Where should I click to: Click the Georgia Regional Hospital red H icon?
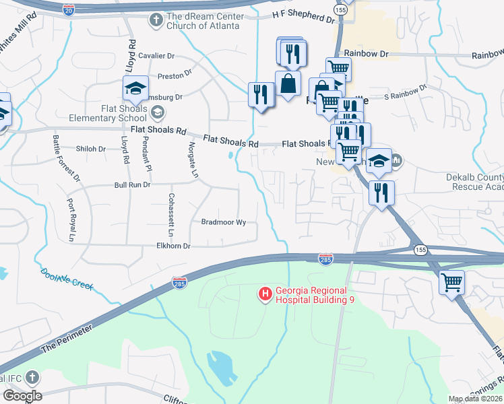265,294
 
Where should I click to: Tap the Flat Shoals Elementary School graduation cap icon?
135,88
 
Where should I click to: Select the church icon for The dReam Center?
155,20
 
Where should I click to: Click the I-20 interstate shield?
68,9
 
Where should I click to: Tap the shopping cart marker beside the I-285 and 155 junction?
451,282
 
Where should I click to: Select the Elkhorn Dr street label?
173,246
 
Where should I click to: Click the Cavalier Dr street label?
158,56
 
